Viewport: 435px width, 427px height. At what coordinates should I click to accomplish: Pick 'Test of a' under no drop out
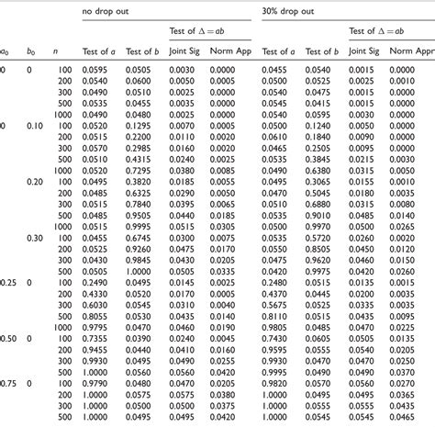(x=98, y=53)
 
